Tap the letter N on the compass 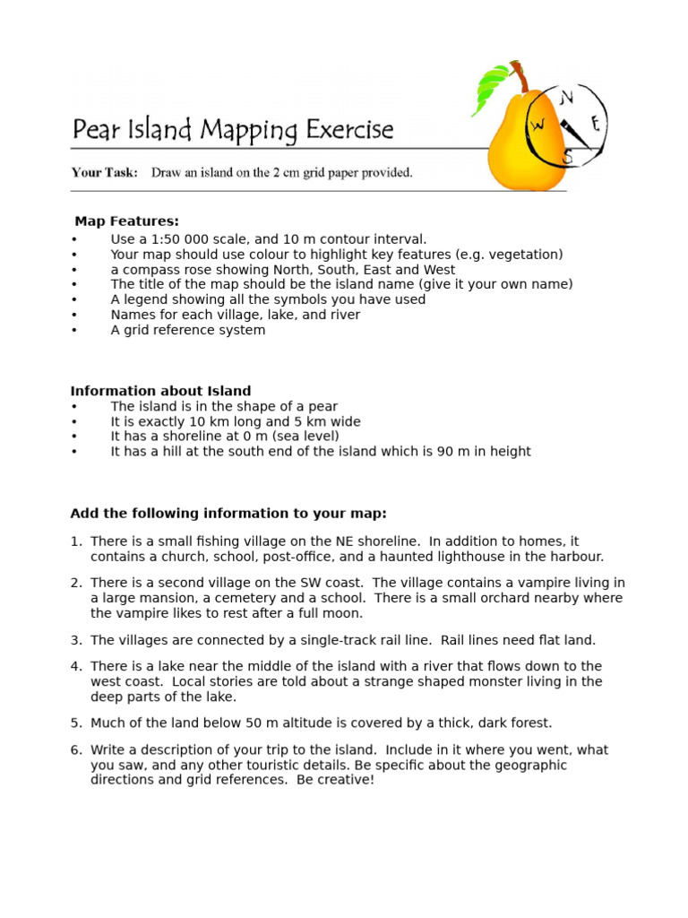pos(566,97)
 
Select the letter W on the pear pos(537,126)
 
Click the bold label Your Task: pos(104,173)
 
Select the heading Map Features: pos(126,221)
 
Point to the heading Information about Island pos(160,391)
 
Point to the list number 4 pos(75,666)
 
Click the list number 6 pos(75,750)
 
